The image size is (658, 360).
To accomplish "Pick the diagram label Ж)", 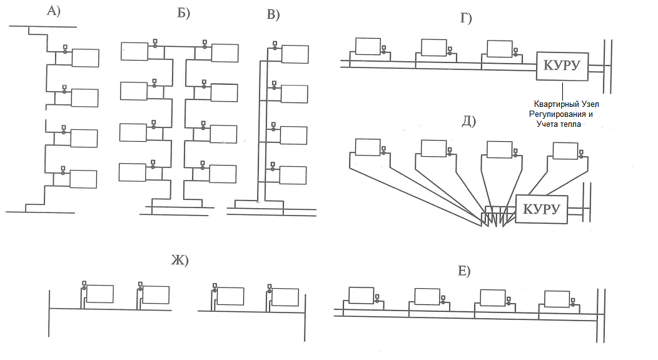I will click(x=180, y=261).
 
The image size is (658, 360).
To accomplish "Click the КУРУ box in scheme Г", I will click(x=562, y=66).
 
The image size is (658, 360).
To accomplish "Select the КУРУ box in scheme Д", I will click(x=542, y=209).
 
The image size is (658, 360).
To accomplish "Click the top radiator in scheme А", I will click(x=85, y=57).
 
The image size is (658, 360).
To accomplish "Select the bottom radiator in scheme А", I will click(x=83, y=179).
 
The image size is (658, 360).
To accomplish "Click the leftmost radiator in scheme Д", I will click(x=367, y=147).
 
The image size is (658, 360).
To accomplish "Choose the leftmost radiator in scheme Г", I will click(x=368, y=46).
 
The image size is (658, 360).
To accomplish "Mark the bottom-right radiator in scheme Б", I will click(x=223, y=174).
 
